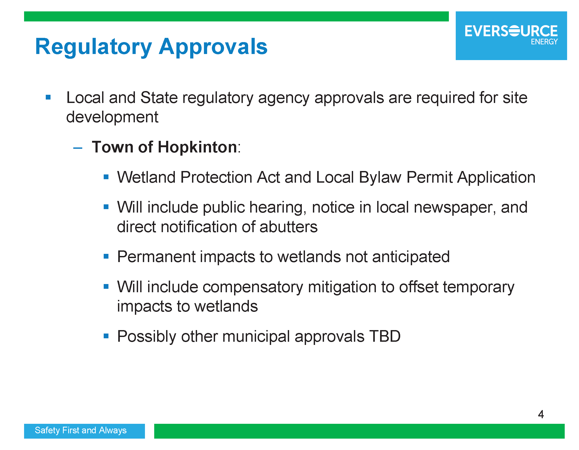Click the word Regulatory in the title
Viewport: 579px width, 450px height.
coord(94,47)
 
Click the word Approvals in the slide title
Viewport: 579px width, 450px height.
coord(213,47)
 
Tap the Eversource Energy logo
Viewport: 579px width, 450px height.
coord(511,35)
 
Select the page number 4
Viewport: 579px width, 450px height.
coord(541,414)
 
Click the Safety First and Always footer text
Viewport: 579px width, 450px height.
coord(81,430)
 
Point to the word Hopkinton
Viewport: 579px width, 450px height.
coord(198,147)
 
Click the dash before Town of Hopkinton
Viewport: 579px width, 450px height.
coord(78,148)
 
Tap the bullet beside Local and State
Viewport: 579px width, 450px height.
coord(48,97)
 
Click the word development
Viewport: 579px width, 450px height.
coord(112,117)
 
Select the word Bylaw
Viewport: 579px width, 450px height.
coord(380,177)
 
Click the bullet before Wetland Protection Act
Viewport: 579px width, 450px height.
coord(106,177)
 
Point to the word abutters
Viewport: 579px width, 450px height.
coord(288,227)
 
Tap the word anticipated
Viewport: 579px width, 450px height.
coord(411,257)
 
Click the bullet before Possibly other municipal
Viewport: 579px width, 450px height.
coord(106,336)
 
